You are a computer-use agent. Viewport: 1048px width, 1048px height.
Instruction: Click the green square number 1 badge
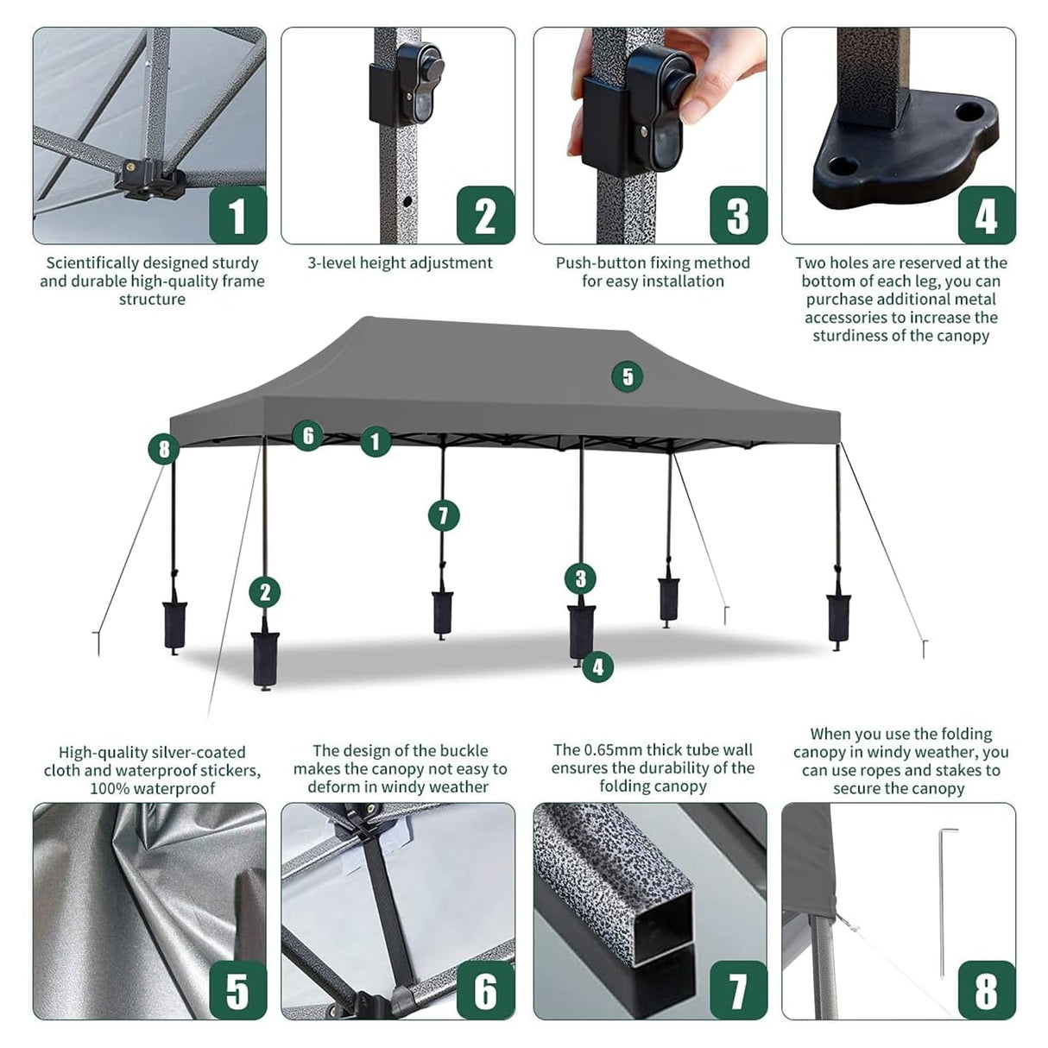click(237, 216)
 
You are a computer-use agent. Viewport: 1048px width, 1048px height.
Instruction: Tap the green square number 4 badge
click(986, 216)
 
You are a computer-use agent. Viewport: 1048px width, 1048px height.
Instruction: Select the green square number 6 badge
click(486, 990)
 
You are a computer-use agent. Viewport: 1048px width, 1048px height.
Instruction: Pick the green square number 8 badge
click(986, 990)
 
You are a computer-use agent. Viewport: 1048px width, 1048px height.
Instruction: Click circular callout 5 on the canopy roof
click(628, 376)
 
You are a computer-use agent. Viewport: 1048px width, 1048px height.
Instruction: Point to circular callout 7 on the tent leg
click(444, 516)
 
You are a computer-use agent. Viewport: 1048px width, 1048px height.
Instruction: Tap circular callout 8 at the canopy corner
click(163, 449)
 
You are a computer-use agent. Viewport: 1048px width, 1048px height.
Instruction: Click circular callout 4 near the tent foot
click(597, 666)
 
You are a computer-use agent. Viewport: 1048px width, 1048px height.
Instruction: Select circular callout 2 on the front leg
click(265, 592)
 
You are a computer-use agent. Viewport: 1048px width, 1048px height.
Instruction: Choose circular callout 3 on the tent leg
click(581, 578)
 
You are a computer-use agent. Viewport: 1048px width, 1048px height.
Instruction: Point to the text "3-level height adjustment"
click(400, 263)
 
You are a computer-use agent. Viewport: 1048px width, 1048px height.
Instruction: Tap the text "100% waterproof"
click(152, 788)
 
